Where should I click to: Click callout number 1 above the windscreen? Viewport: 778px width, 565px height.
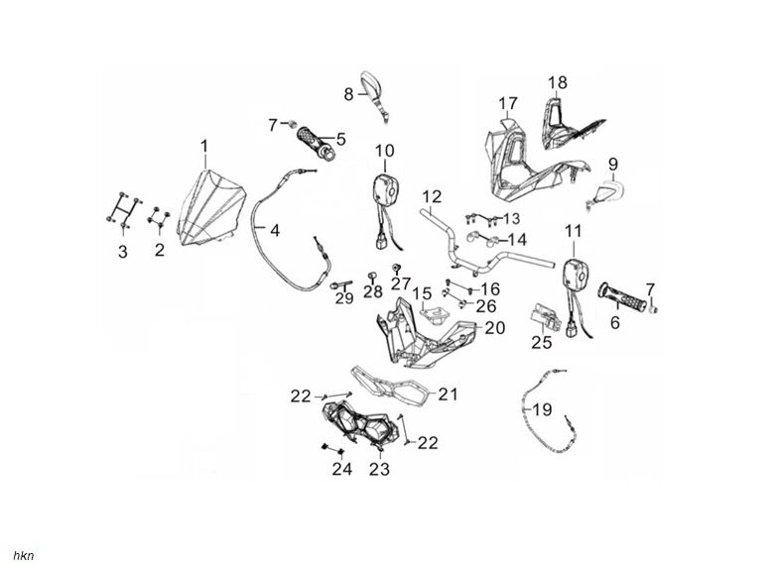[204, 148]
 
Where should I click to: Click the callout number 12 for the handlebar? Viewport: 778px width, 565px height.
[432, 195]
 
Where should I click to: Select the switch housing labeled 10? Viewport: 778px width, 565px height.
[384, 186]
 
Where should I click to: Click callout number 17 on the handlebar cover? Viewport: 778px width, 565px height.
[508, 103]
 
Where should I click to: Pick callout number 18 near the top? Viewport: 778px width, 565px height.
[558, 82]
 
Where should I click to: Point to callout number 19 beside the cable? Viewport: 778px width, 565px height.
[542, 408]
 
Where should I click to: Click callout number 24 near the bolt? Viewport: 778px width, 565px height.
[341, 469]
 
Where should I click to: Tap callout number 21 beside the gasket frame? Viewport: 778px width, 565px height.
[448, 395]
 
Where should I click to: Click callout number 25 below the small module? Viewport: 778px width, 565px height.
[540, 343]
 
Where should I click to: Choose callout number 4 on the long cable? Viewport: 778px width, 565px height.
[275, 230]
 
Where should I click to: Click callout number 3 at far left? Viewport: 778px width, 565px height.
[122, 252]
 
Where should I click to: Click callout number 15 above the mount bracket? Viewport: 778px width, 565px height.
[422, 293]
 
